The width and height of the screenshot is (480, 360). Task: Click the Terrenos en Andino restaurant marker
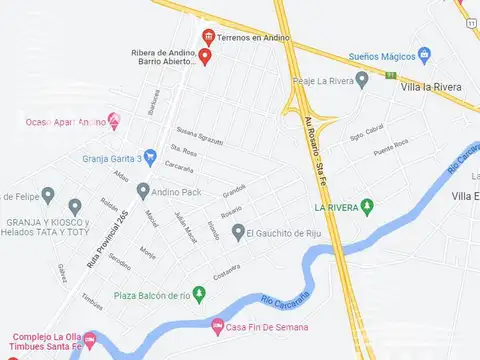[207, 37]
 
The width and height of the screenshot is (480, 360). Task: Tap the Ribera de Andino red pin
[205, 56]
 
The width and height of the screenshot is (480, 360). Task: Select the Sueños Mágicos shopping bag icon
[424, 54]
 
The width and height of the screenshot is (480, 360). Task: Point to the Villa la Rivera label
[430, 87]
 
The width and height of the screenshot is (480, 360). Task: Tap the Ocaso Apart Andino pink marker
[113, 121]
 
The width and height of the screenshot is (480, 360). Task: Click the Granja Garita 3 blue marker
[150, 157]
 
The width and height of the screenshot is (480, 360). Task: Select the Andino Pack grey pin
[143, 189]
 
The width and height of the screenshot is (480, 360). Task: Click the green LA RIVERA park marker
[367, 207]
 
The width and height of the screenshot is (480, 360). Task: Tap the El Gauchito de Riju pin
[238, 232]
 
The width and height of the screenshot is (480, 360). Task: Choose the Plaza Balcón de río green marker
[198, 294]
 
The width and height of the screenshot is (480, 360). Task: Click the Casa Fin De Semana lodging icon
[218, 325]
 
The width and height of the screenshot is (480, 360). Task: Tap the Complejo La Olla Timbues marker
[90, 340]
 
